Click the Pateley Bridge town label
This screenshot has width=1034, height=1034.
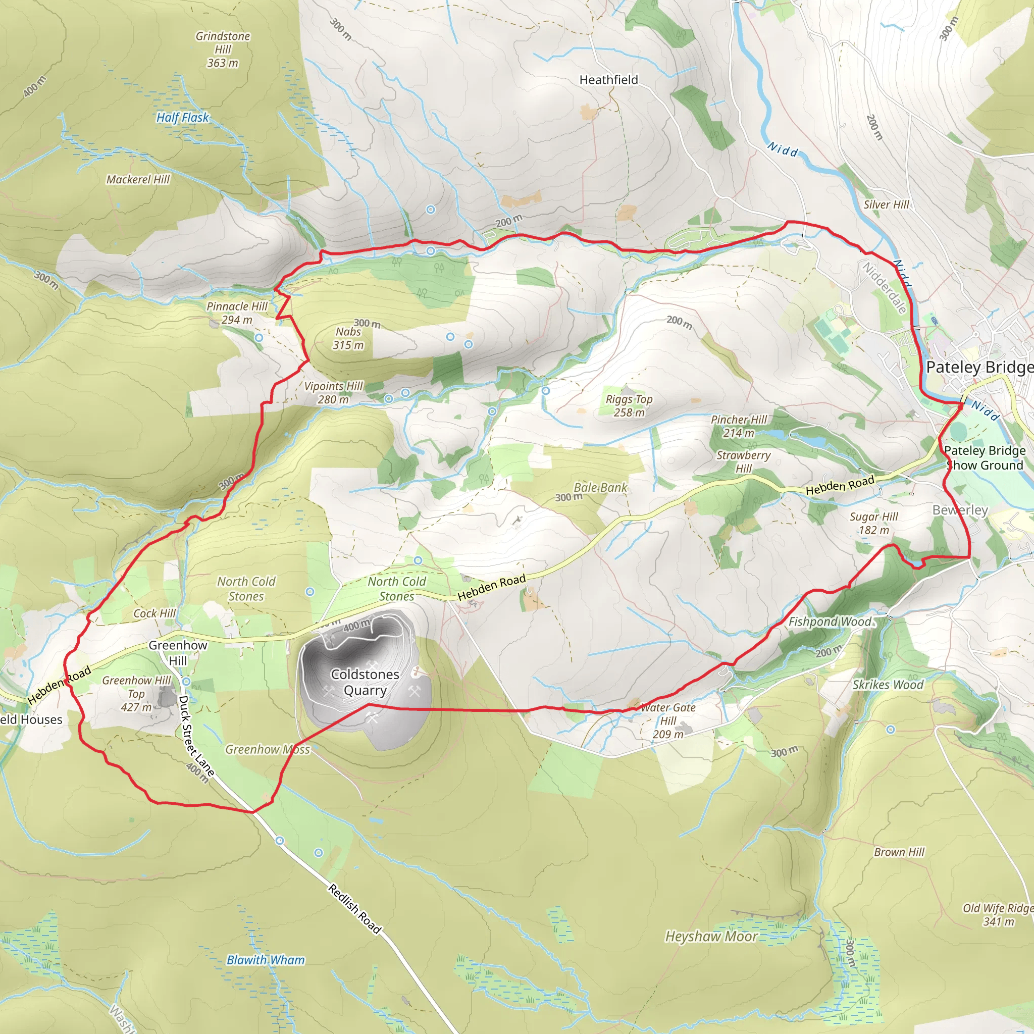pyautogui.click(x=979, y=368)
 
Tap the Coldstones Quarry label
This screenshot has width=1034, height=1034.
pyautogui.click(x=365, y=683)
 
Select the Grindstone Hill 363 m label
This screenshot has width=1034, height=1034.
pyautogui.click(x=223, y=49)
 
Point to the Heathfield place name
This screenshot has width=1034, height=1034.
pyautogui.click(x=608, y=80)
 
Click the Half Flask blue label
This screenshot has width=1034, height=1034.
pyautogui.click(x=182, y=117)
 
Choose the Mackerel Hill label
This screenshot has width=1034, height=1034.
pyautogui.click(x=137, y=179)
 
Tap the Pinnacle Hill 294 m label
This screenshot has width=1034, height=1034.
pyautogui.click(x=237, y=313)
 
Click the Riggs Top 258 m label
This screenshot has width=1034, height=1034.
pyautogui.click(x=629, y=406)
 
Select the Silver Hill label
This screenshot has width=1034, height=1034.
pyautogui.click(x=886, y=204)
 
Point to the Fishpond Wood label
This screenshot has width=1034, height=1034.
pyautogui.click(x=830, y=622)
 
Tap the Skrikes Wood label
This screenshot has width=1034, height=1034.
pyautogui.click(x=888, y=685)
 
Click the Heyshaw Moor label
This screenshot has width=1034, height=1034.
pyautogui.click(x=711, y=937)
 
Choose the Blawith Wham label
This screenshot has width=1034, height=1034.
pyautogui.click(x=266, y=960)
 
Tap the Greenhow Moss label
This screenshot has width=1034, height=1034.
pyautogui.click(x=267, y=749)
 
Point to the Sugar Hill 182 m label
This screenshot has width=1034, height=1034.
pyautogui.click(x=873, y=524)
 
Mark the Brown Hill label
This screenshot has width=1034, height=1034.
pyautogui.click(x=899, y=852)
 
